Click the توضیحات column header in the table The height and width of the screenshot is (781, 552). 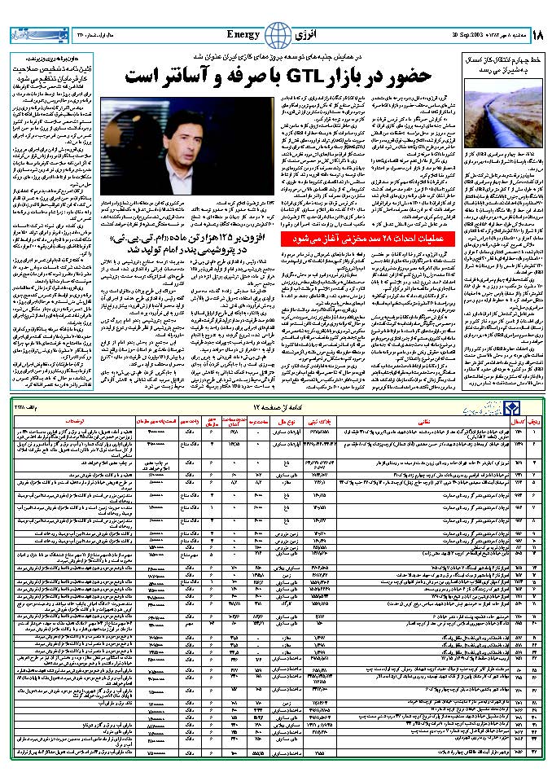(58, 423)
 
